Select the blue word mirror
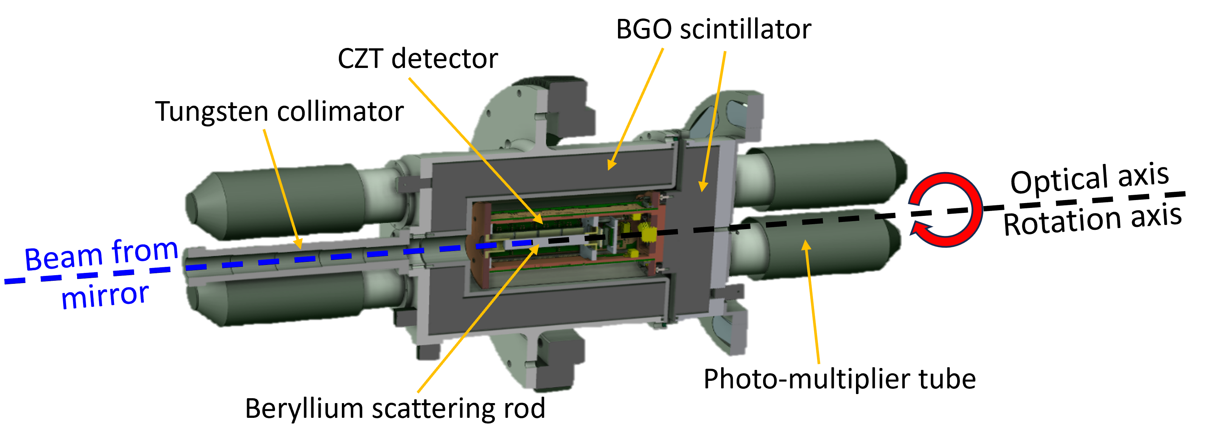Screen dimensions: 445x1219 pos(105,296)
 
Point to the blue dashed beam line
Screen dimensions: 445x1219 pos(331,257)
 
